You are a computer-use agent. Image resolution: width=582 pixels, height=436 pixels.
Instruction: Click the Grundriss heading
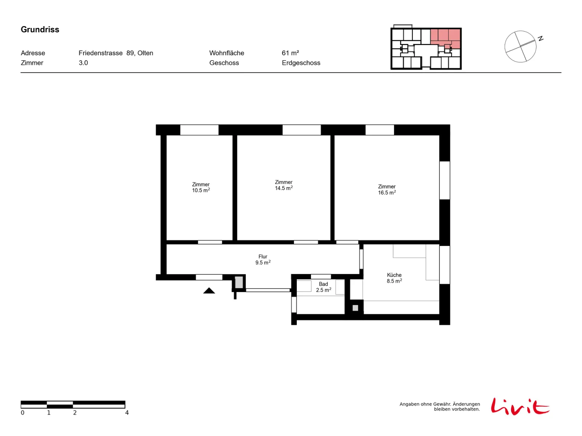coord(40,29)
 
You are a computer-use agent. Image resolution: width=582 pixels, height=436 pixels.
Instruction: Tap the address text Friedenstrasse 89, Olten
coord(116,53)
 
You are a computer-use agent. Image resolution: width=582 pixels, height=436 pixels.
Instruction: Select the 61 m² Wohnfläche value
coord(290,53)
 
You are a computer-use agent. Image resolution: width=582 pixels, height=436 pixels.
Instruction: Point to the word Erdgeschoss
coord(301,63)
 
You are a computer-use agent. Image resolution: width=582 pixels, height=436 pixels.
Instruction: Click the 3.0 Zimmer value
coord(83,63)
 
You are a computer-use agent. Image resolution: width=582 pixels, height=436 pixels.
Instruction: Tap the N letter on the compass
coord(540,39)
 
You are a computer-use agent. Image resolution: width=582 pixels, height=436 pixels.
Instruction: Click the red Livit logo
coord(520,406)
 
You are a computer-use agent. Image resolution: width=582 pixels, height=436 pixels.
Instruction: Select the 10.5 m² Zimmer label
coord(201,187)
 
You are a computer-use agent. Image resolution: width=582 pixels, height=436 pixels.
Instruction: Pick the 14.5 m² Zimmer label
coord(283,185)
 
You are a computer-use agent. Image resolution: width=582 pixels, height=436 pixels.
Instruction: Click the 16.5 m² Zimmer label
coord(387,190)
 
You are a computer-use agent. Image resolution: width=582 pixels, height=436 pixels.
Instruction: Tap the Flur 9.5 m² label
coord(263,259)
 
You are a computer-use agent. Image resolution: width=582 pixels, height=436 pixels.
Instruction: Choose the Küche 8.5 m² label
coord(394,278)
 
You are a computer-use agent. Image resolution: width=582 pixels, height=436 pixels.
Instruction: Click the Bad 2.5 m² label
coord(323,287)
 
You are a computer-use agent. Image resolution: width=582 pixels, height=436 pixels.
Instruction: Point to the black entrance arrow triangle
coord(209,291)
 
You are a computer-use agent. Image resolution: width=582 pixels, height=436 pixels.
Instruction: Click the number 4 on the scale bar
coord(127,413)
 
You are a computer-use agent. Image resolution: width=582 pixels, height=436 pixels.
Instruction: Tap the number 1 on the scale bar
coord(48,413)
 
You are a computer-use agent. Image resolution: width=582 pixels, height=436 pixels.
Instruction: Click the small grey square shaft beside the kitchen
coord(355,308)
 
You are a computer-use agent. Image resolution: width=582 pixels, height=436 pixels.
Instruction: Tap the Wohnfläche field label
coord(227,53)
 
